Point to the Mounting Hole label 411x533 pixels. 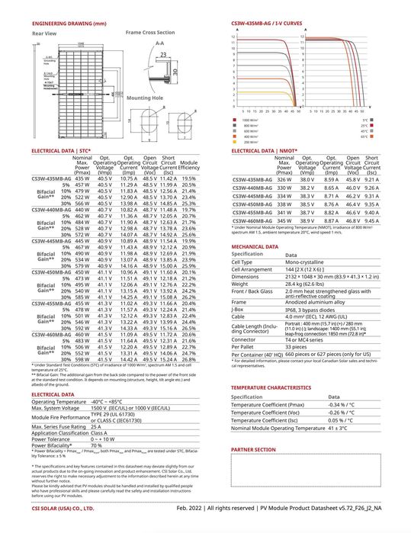(143, 98)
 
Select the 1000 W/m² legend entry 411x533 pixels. (252, 120)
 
